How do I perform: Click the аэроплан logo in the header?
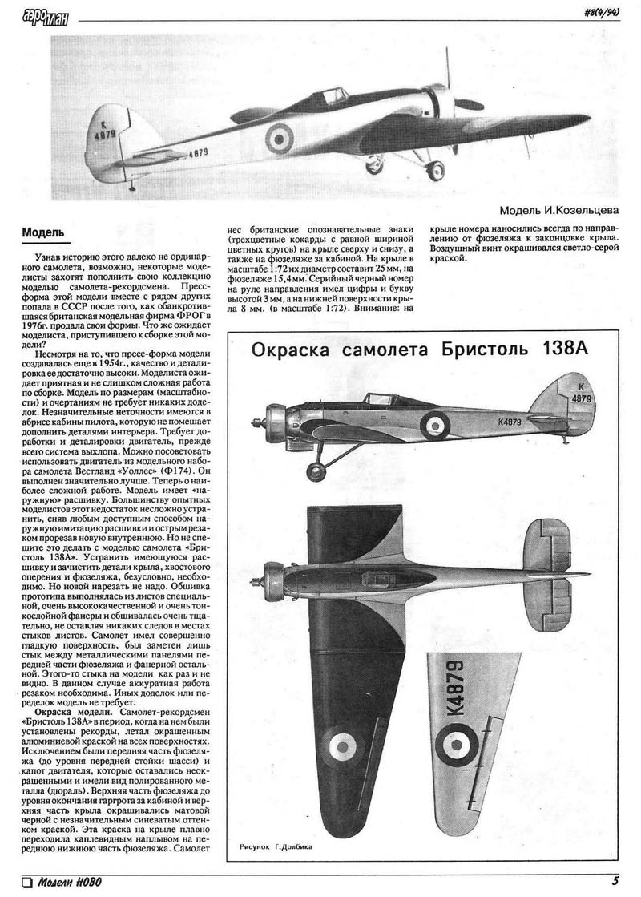[43, 13]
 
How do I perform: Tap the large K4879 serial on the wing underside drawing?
[458, 686]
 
